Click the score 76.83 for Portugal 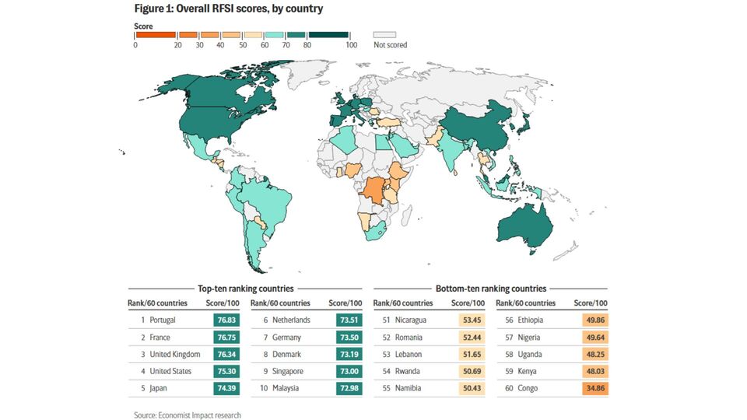click(226, 320)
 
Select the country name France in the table click(161, 338)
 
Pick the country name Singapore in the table click(289, 370)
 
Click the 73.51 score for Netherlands click(348, 320)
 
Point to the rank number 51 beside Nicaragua click(386, 320)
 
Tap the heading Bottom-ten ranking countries click(490, 288)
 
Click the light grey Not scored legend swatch click(384, 34)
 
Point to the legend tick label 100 click(351, 45)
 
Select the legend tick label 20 click(178, 45)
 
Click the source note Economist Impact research click(187, 415)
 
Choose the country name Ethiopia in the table click(530, 320)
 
